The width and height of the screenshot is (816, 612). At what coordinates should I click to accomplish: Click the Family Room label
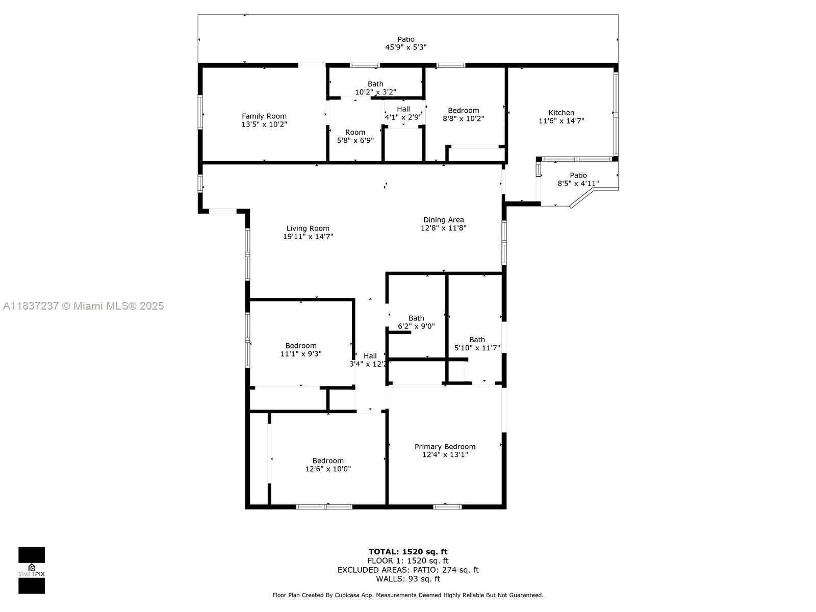point(264,116)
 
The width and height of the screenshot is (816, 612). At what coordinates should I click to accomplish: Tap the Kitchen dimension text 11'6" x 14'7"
point(561,121)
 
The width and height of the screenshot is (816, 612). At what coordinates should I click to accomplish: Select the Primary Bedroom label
point(445,446)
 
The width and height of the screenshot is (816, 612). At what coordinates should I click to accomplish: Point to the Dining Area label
point(443,220)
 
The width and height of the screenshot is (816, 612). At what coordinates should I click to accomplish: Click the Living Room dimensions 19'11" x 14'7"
point(308,236)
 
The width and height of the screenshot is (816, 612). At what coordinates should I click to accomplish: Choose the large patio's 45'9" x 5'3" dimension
point(405,47)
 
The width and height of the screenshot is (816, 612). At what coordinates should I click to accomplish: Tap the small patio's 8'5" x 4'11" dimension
point(578,184)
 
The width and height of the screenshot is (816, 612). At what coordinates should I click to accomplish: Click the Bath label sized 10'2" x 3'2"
point(375,84)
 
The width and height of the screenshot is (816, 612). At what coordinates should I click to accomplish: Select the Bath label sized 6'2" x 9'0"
point(416,318)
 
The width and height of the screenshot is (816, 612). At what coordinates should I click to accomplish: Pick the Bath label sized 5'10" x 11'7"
point(477,340)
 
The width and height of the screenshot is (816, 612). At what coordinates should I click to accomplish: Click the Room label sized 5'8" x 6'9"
point(355,132)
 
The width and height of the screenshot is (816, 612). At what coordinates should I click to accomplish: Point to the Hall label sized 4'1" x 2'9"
point(403,109)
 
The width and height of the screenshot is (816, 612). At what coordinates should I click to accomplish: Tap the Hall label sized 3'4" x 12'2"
point(370,355)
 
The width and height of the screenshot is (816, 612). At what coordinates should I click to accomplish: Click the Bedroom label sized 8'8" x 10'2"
point(463,110)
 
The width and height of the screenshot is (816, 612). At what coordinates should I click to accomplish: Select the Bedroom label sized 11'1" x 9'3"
point(301,346)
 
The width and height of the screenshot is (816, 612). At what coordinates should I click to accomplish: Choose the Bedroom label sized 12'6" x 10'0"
point(328,461)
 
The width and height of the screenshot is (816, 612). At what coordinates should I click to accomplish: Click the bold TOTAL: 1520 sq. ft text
point(408,552)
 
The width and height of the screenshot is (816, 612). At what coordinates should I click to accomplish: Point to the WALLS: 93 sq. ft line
point(408,578)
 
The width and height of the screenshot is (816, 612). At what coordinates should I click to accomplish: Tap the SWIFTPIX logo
point(32,570)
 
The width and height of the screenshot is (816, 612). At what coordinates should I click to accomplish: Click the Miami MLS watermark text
point(84,306)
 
